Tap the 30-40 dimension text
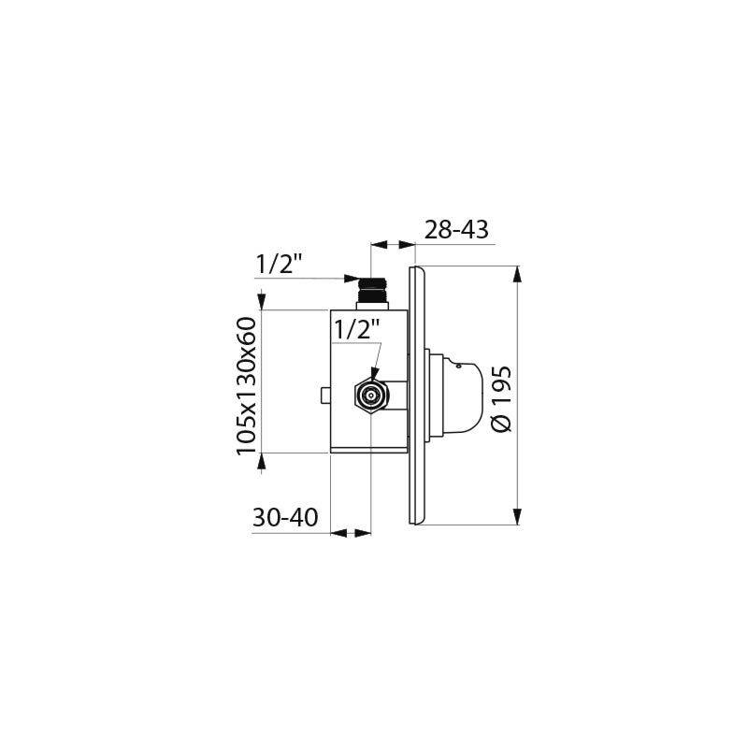(x=286, y=517)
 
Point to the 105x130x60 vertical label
(x=246, y=385)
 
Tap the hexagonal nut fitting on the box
(x=371, y=396)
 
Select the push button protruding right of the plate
(x=460, y=394)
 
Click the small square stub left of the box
(x=324, y=396)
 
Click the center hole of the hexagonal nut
(x=371, y=396)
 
